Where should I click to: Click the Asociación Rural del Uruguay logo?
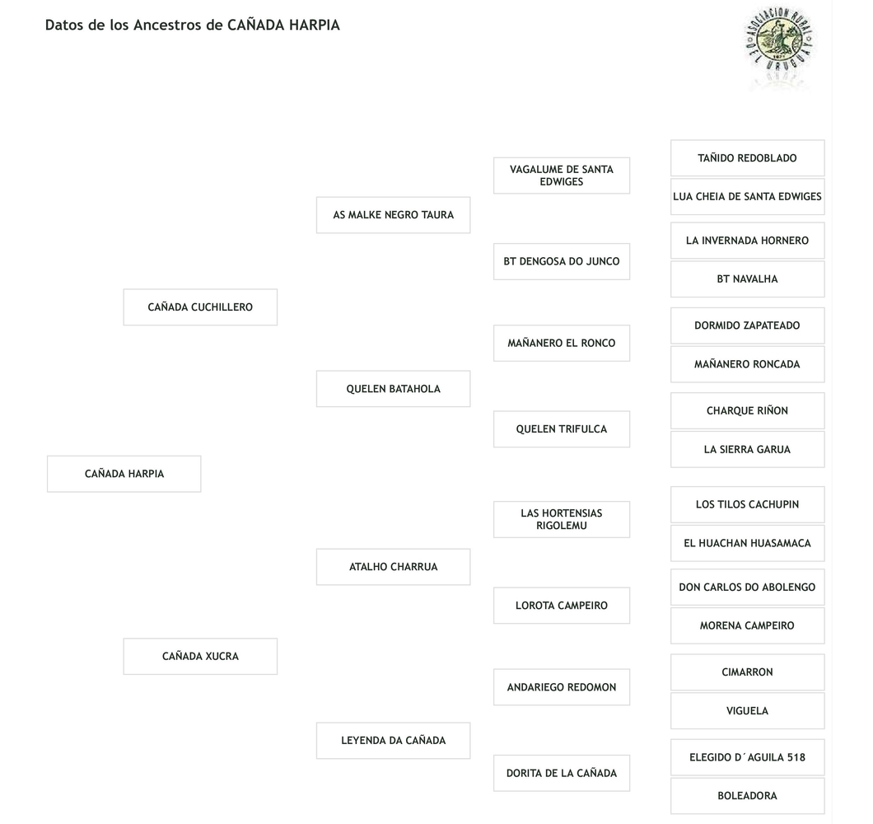click(778, 46)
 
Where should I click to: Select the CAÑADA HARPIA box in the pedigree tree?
click(124, 474)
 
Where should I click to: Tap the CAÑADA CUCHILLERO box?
click(200, 307)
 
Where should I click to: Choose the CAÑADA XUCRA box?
click(200, 657)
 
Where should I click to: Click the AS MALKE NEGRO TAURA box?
click(393, 215)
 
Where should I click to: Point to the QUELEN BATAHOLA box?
click(393, 389)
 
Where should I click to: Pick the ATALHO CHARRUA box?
click(393, 567)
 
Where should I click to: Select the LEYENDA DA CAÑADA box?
click(393, 741)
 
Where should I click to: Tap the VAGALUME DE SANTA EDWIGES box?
click(562, 176)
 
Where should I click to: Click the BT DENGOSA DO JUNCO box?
click(562, 261)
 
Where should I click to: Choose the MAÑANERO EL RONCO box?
click(562, 344)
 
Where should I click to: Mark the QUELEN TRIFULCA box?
click(562, 429)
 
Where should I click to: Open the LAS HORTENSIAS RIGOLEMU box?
click(562, 519)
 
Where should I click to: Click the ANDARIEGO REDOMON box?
click(562, 687)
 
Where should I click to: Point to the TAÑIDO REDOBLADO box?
click(747, 158)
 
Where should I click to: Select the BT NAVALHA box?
click(747, 279)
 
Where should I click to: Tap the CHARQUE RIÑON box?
click(747, 411)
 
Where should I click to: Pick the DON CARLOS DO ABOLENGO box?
click(747, 588)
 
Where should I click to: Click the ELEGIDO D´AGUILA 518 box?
click(747, 757)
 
